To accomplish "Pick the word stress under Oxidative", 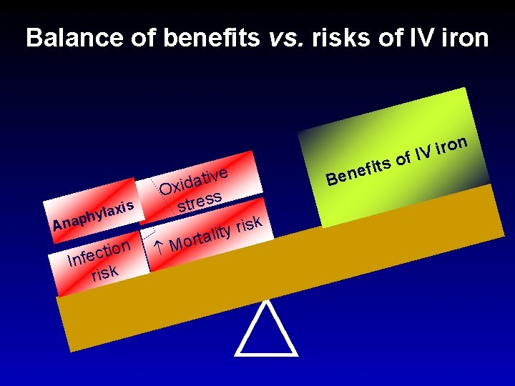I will click(x=201, y=201).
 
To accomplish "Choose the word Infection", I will click(x=99, y=252).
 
